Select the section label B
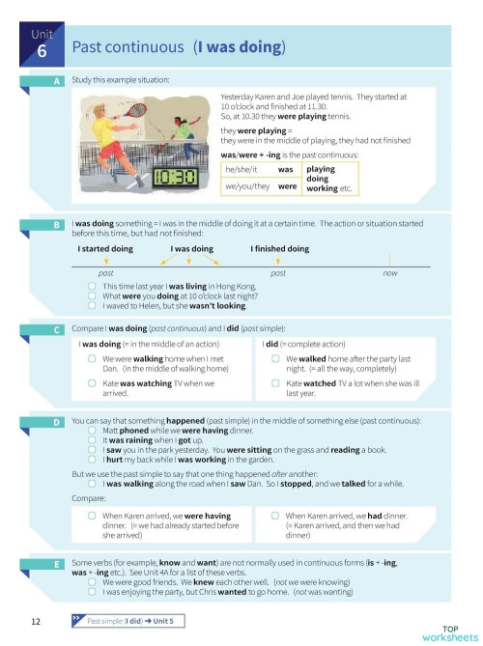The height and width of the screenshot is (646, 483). coord(56,225)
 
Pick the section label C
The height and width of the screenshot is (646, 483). coord(56,330)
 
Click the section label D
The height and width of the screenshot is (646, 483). coord(56,423)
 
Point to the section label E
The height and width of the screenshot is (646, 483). coord(56,563)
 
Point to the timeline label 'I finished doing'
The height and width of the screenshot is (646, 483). coord(279,249)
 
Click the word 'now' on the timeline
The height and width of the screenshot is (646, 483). coord(390,274)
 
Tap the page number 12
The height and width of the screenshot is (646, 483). coord(35,620)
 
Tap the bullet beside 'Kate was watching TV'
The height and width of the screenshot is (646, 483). coord(92,385)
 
